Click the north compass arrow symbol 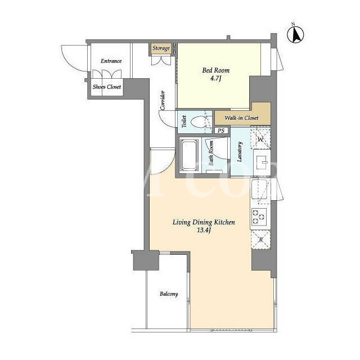[295, 34]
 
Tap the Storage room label [161, 48]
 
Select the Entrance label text [111, 61]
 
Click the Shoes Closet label [107, 87]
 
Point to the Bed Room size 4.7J [215, 79]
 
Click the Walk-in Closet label [241, 118]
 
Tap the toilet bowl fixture [199, 121]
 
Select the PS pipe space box [221, 130]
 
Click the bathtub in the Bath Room [189, 155]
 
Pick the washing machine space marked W [261, 139]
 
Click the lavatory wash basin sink [262, 162]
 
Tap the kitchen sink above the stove [259, 189]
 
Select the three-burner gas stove [259, 216]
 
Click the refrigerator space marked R [261, 240]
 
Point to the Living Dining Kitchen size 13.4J [204, 230]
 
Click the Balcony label [169, 294]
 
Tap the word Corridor [163, 100]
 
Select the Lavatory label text [240, 152]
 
